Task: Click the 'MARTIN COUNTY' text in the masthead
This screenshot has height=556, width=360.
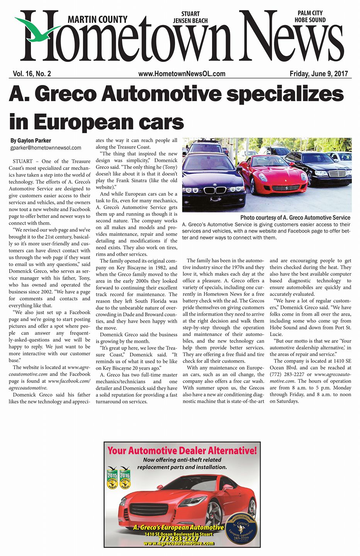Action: coord(97,19)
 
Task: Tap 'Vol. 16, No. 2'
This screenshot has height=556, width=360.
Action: coord(32,74)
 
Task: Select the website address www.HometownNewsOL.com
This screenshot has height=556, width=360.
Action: coord(182,74)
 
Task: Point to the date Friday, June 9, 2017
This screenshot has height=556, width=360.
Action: coord(318,74)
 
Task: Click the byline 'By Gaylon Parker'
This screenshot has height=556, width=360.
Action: coord(31,141)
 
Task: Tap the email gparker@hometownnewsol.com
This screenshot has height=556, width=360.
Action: coord(46,147)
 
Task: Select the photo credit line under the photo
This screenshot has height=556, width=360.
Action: coord(295,218)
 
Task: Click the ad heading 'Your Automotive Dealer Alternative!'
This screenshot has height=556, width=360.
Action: coord(182,450)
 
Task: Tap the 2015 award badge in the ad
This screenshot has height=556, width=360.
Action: coord(112,478)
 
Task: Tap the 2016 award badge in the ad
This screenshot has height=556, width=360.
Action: coord(125,478)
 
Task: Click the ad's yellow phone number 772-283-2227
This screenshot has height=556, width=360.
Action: coord(178,539)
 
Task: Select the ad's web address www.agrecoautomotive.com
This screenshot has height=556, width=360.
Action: coord(178,543)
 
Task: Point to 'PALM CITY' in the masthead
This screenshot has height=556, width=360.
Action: coord(310,13)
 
